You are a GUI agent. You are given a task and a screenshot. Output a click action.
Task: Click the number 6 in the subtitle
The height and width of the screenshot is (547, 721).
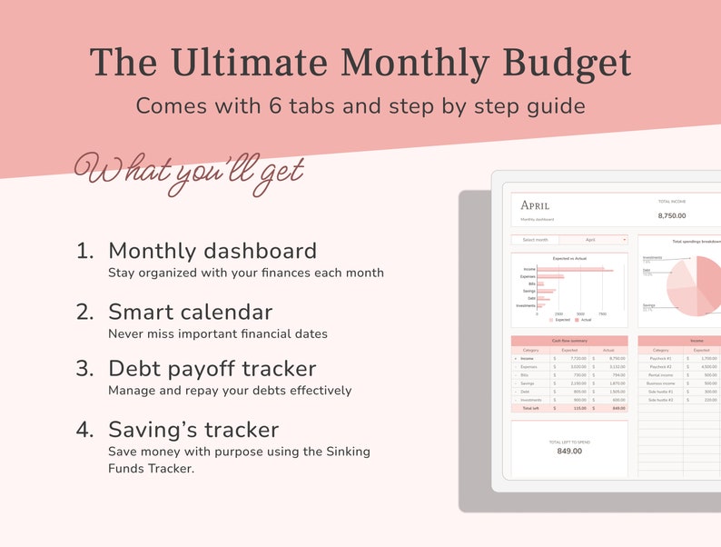[x=276, y=105]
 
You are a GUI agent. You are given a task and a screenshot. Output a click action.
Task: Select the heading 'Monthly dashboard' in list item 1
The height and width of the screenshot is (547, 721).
[x=212, y=251]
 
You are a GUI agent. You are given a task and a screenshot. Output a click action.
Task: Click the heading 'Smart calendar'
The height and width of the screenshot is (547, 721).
[x=190, y=312]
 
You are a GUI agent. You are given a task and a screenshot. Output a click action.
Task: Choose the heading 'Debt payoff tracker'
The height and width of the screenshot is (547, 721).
[x=212, y=369]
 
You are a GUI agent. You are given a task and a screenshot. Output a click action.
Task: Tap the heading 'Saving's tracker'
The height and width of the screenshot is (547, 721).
[x=193, y=429]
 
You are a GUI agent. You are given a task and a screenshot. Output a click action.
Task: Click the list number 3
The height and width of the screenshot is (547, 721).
[x=84, y=369]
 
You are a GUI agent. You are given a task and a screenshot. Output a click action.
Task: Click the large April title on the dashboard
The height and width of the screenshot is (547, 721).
[x=535, y=205]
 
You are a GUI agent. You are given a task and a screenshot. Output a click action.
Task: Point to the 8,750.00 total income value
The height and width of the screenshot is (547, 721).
[x=671, y=216]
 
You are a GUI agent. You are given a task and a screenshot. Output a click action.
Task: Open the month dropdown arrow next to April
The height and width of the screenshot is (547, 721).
[x=624, y=240]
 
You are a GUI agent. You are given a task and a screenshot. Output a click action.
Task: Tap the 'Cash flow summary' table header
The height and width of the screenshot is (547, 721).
[x=569, y=341]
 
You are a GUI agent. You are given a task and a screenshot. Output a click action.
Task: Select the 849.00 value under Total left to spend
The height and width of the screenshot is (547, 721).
[x=569, y=451]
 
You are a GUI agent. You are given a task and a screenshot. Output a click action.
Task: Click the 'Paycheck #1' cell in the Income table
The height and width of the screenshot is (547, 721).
[x=660, y=359]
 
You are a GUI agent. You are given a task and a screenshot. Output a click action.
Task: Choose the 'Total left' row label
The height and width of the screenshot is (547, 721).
[x=531, y=408]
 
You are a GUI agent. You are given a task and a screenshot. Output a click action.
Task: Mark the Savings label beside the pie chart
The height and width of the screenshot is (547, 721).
[x=648, y=305]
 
